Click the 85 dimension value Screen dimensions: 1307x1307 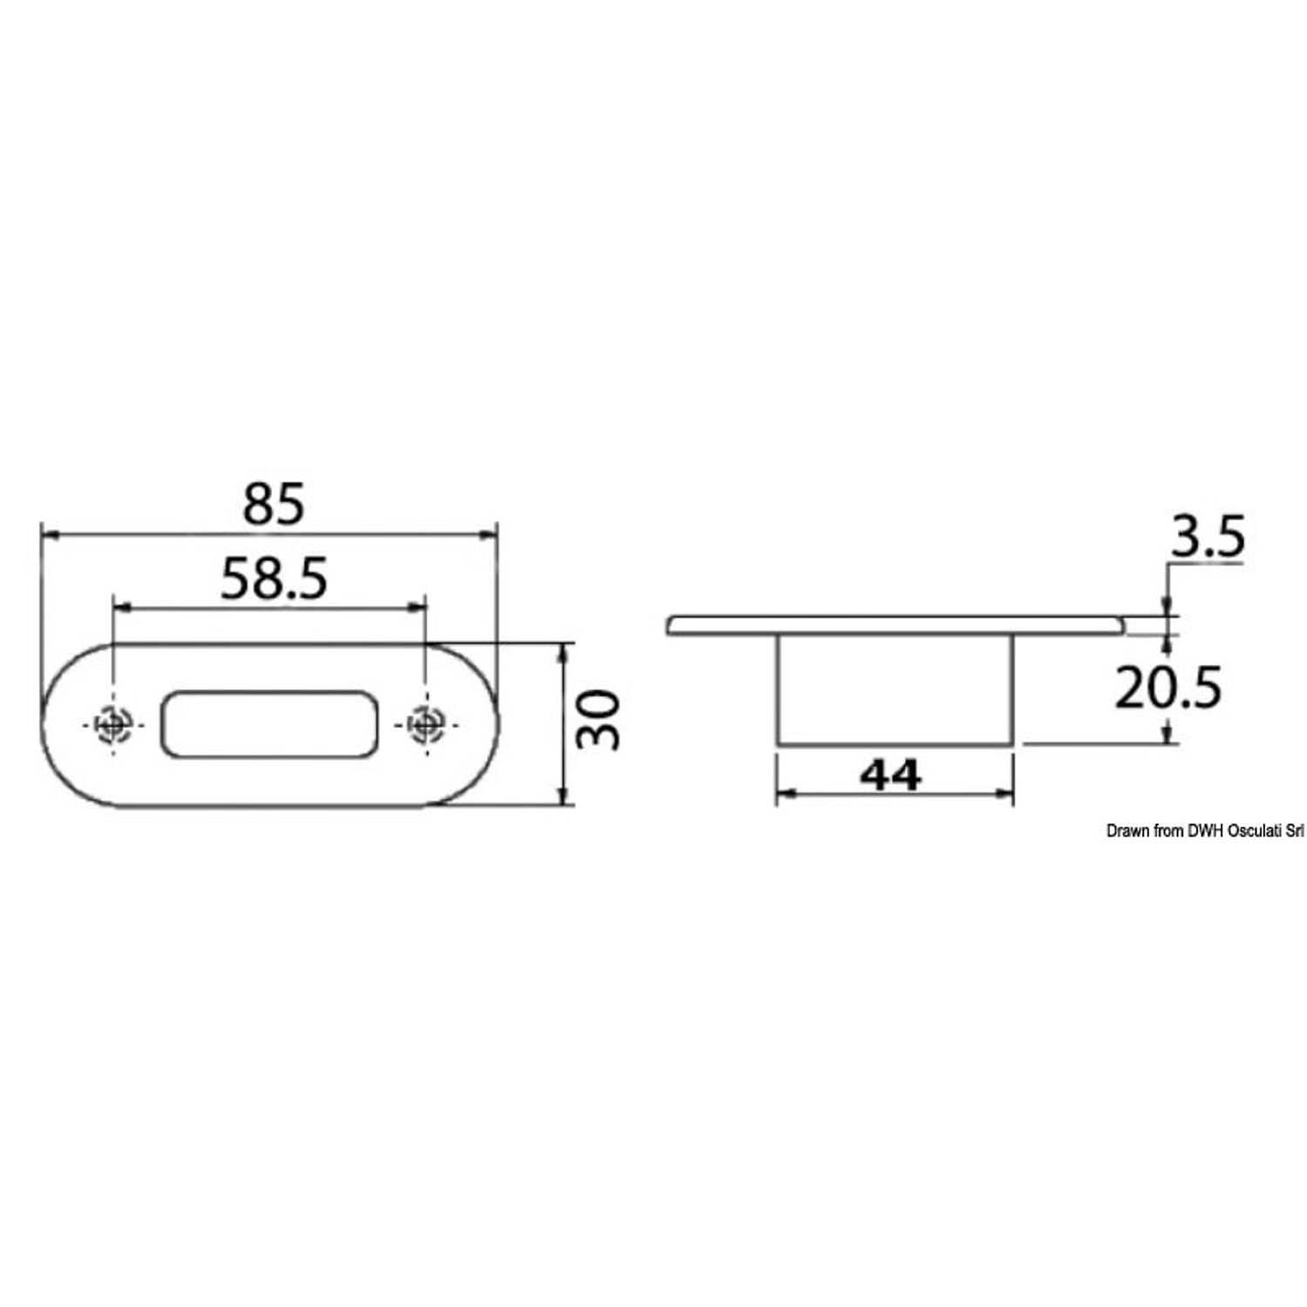pos(274,505)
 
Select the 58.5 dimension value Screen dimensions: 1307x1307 pos(274,579)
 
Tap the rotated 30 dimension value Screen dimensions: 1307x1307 pos(600,721)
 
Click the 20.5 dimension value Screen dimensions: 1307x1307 pos(1169,688)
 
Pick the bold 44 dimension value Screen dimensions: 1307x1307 pos(890,775)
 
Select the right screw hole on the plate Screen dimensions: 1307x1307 pos(425,723)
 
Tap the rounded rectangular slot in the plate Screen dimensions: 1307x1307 pos(268,723)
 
